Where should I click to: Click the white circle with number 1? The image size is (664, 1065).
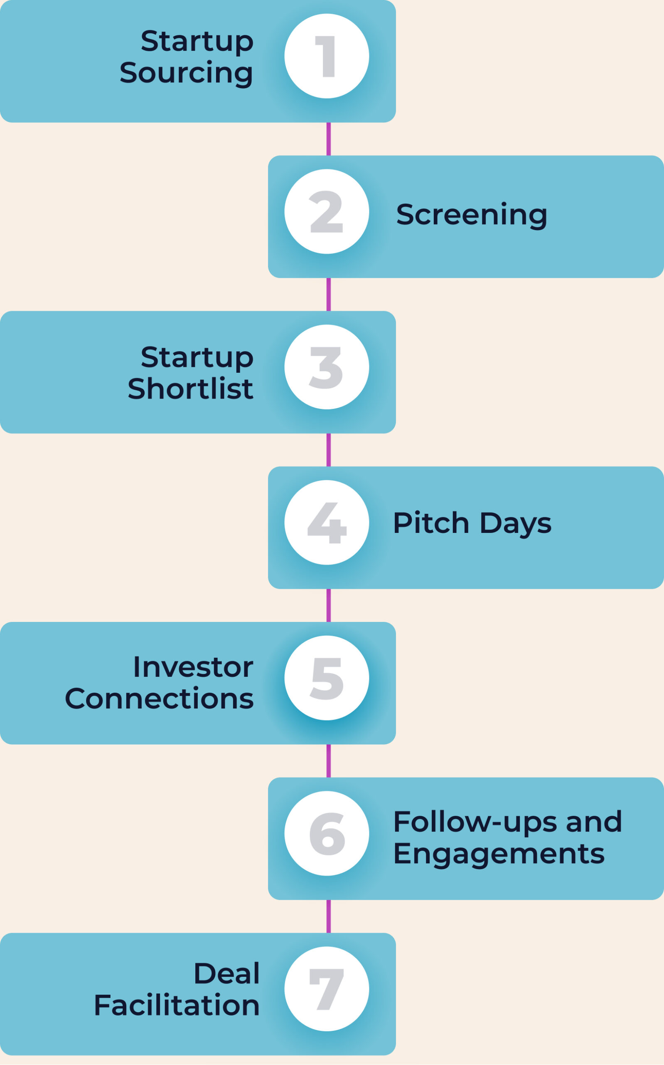coord(327,56)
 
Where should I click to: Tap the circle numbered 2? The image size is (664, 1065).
coord(327,211)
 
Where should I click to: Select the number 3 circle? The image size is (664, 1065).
coord(327,367)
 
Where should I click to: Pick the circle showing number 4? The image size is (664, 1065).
coord(327,522)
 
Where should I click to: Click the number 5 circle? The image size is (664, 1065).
coord(327,678)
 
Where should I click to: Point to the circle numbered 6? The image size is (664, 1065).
coord(327,833)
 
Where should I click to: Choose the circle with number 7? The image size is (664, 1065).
coord(327,989)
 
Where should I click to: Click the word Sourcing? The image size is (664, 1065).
coord(186,74)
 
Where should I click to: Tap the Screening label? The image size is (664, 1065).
coord(472,215)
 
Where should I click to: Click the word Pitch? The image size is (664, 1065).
coord(431,523)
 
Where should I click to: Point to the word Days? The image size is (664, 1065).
coord(516,524)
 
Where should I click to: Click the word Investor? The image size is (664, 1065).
coord(193,667)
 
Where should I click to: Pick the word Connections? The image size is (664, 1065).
coord(160,699)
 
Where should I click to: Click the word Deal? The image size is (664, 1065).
coord(227,973)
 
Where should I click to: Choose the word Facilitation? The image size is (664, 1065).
coord(177,1005)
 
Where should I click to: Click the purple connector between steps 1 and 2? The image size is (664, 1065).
coord(329,139)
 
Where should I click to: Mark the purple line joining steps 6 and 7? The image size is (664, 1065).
coord(329,916)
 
